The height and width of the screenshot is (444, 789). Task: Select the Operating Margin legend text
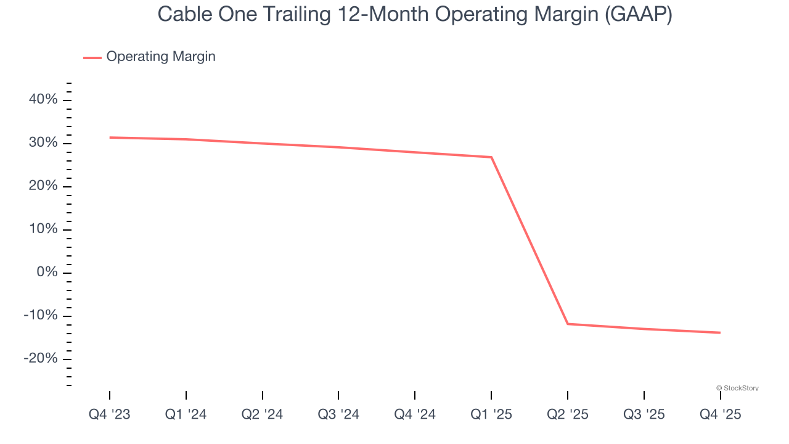tap(161, 57)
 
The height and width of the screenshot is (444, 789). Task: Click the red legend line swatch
tap(92, 57)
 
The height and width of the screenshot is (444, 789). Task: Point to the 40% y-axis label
tap(43, 100)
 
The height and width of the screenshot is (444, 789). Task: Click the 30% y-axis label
tap(43, 143)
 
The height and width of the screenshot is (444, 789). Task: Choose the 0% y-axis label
tap(47, 273)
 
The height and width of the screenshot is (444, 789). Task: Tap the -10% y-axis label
tap(41, 316)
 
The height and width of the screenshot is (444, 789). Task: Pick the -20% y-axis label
tap(41, 359)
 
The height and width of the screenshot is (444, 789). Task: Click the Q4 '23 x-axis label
tap(110, 414)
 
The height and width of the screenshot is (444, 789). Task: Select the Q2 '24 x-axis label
tap(262, 414)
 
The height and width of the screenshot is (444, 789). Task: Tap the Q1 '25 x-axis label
tap(491, 414)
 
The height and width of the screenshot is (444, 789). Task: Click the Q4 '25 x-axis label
tap(720, 414)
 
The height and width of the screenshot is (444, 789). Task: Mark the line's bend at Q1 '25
tap(491, 157)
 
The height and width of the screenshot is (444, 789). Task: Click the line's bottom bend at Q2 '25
tap(568, 324)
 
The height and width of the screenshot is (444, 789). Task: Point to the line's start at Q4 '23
tap(110, 138)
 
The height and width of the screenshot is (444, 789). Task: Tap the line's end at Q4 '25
tap(720, 333)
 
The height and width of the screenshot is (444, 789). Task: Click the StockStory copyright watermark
tap(737, 388)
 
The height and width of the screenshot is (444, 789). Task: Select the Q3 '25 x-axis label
tap(644, 414)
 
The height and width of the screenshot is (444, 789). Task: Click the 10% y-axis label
tap(43, 229)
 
